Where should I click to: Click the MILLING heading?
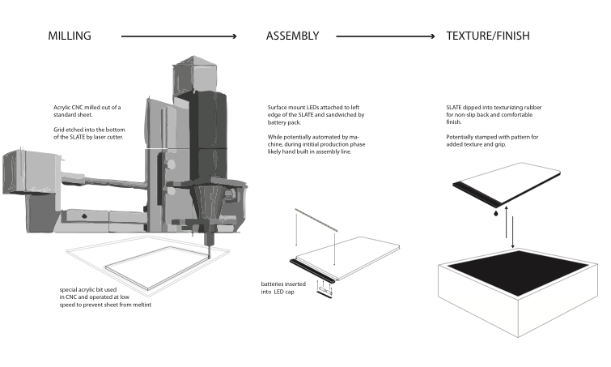click(x=70, y=36)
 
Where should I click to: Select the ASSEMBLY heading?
click(x=293, y=36)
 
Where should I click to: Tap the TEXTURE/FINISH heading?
click(x=488, y=36)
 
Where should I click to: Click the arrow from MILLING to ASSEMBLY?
click(x=179, y=36)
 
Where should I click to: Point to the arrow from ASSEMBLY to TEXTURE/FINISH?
click(x=385, y=36)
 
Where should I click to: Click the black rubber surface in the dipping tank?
click(x=518, y=272)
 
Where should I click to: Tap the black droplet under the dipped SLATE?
click(x=495, y=213)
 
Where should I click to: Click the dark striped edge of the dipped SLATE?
click(x=476, y=194)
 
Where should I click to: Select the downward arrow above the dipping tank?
click(x=512, y=232)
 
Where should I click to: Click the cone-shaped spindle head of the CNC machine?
click(x=208, y=202)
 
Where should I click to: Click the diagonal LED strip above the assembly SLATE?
click(x=316, y=220)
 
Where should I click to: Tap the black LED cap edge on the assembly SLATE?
click(x=312, y=271)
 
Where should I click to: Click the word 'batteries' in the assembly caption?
click(x=272, y=284)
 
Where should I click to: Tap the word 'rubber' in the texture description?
click(x=533, y=107)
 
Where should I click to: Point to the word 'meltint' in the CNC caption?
click(x=142, y=305)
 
